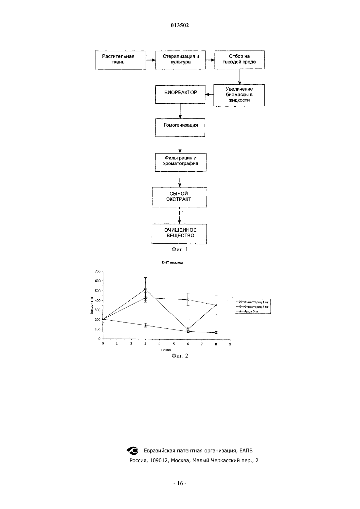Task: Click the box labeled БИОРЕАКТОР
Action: click(x=180, y=94)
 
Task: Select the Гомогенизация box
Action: click(x=180, y=128)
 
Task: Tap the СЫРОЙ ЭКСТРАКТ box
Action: click(x=179, y=197)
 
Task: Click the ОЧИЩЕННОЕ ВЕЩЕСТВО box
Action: click(x=179, y=234)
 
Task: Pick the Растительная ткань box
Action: click(x=120, y=60)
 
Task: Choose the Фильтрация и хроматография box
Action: click(x=180, y=162)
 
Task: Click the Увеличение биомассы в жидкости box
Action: click(x=239, y=95)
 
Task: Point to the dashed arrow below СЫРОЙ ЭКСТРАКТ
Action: click(x=180, y=216)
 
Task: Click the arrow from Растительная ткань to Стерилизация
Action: click(x=151, y=60)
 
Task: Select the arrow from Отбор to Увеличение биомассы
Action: click(x=240, y=77)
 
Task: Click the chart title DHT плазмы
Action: click(x=172, y=262)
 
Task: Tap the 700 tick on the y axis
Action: click(x=98, y=271)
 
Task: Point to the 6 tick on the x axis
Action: click(x=188, y=344)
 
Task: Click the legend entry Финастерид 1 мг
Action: click(x=252, y=302)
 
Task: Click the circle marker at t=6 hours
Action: click(x=188, y=329)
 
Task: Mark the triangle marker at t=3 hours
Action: click(x=145, y=325)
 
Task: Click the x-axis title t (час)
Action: click(x=166, y=350)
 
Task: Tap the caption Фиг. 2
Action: click(x=180, y=356)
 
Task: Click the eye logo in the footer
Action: click(x=132, y=450)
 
